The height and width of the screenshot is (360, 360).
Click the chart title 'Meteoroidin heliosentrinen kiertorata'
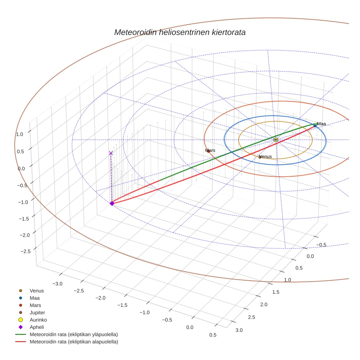pyautogui.click(x=180, y=32)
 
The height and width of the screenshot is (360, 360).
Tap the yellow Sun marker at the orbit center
pyautogui.click(x=275, y=140)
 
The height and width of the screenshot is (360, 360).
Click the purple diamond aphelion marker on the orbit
pyautogui.click(x=112, y=203)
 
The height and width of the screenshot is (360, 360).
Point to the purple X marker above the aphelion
pyautogui.click(x=111, y=153)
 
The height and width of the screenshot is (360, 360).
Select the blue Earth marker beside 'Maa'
pyautogui.click(x=315, y=126)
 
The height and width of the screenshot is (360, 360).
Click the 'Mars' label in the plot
pyautogui.click(x=210, y=150)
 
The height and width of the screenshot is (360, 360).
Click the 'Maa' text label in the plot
pyautogui.click(x=321, y=124)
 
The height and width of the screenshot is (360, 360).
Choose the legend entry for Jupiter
pyautogui.click(x=37, y=312)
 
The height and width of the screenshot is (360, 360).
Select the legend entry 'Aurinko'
pyautogui.click(x=38, y=320)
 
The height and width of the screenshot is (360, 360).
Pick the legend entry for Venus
pyautogui.click(x=37, y=291)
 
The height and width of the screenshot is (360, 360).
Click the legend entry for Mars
pyautogui.click(x=35, y=305)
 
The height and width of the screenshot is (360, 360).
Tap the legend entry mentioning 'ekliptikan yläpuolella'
pyautogui.click(x=73, y=334)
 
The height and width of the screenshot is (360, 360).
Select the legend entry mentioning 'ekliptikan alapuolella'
pyautogui.click(x=74, y=342)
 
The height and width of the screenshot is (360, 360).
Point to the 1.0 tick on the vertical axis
pyautogui.click(x=19, y=134)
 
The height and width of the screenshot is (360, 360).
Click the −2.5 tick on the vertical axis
pyautogui.click(x=25, y=251)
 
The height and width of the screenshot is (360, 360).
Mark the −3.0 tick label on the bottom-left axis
pyautogui.click(x=57, y=284)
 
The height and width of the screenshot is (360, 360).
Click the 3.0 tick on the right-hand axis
pyautogui.click(x=239, y=330)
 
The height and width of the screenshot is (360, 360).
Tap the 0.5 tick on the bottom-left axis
pyautogui.click(x=213, y=335)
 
